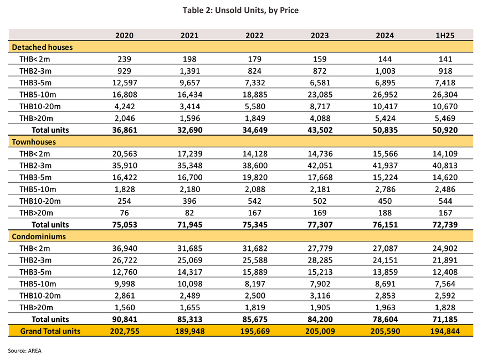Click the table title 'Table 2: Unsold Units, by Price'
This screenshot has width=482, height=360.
(240, 10)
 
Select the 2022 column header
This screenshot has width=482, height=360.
(254, 35)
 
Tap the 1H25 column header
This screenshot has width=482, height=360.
(445, 35)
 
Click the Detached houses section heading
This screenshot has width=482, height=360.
(42, 47)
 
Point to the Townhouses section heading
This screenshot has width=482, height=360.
(34, 142)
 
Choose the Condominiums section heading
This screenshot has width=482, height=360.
(39, 236)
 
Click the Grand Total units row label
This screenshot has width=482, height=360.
(50, 331)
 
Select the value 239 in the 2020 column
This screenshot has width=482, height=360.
(124, 59)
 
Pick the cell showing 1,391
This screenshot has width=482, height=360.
(189, 71)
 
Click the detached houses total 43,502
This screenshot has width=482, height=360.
(320, 130)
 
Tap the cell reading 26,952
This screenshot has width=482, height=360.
(385, 95)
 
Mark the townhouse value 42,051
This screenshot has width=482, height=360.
(320, 166)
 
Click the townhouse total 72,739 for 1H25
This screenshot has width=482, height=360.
(445, 225)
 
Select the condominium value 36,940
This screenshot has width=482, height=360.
(125, 249)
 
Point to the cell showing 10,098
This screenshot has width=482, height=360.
(189, 284)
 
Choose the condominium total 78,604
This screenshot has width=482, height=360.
(385, 320)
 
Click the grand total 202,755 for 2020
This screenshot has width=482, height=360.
(125, 331)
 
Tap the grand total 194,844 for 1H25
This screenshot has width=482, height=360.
(445, 331)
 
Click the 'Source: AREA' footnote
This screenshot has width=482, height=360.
(24, 351)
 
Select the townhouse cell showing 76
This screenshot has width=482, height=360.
(124, 213)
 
